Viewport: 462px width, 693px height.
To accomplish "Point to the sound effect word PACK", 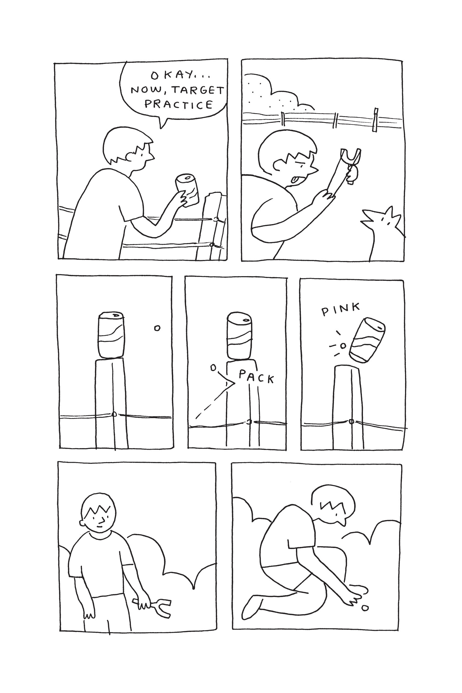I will (x=256, y=377).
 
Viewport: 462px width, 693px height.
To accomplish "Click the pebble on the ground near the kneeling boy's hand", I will (x=365, y=608).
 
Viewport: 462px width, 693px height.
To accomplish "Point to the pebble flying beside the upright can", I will (x=157, y=328).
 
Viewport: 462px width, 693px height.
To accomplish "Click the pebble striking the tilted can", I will (x=343, y=346).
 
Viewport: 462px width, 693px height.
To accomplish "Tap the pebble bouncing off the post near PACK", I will (x=213, y=368).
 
